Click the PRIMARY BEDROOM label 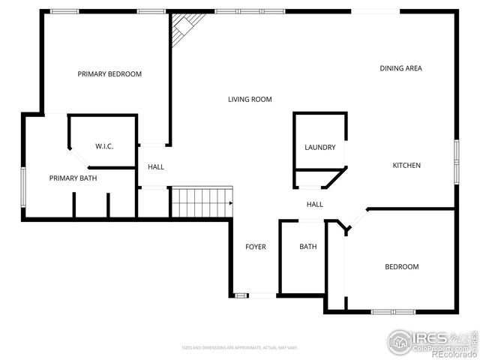(x=109, y=74)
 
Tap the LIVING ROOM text (x=250, y=99)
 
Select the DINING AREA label (x=400, y=68)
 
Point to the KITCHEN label (x=407, y=165)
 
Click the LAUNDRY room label (x=319, y=147)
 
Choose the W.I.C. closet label (x=104, y=145)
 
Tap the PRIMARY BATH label (x=73, y=178)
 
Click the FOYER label (x=256, y=247)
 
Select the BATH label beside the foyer (x=307, y=247)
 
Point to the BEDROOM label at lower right (x=401, y=267)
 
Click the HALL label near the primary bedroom (x=155, y=166)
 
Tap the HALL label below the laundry (x=315, y=204)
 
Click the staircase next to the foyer (x=201, y=202)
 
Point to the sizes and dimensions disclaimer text (x=240, y=347)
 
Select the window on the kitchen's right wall (x=455, y=160)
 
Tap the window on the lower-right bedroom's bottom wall (x=393, y=311)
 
